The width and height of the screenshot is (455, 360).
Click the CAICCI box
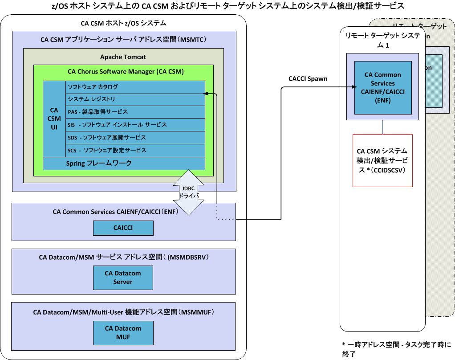123,228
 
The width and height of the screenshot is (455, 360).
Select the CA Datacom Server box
123,278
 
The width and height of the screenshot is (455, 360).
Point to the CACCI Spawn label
308,79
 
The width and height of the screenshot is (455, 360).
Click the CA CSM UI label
54,119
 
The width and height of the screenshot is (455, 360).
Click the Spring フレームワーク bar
124,164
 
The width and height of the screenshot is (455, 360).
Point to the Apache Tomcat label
123,57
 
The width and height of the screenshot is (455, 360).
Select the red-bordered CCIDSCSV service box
382,160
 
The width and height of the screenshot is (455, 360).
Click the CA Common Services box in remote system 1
382,87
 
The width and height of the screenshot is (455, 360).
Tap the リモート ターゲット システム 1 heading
382,40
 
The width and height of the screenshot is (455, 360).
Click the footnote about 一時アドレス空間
396,349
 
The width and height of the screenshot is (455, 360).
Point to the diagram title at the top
228,5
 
